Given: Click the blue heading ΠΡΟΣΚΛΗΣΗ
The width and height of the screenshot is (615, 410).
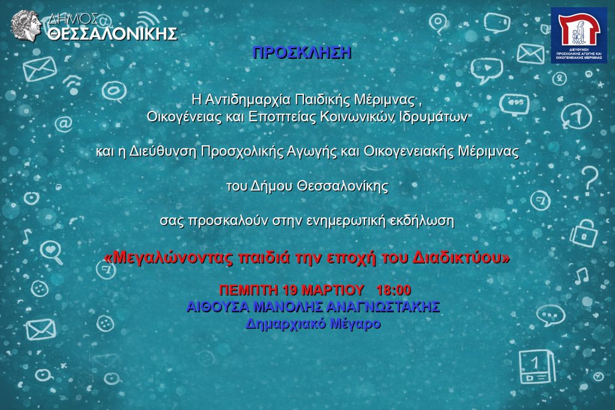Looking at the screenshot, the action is click(301, 52).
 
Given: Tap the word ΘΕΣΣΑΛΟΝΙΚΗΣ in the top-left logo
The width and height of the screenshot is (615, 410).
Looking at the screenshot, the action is click(112, 34).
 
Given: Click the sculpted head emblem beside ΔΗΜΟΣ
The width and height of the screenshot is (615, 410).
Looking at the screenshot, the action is click(26, 25).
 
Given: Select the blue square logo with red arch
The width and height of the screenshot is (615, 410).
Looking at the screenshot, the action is click(579, 35).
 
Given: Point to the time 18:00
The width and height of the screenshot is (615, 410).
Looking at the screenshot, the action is click(393, 290).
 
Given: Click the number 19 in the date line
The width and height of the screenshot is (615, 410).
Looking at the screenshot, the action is click(290, 290).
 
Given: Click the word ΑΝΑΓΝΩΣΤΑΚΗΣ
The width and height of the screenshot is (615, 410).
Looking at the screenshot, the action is click(383, 307).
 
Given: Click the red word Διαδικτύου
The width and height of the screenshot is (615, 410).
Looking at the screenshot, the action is click(461, 258).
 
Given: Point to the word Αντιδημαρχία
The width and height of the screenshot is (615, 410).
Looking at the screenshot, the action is click(248, 100).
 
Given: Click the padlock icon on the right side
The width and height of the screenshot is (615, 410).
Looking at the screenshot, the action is click(584, 234).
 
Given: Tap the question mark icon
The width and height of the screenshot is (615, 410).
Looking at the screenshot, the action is click(589, 180).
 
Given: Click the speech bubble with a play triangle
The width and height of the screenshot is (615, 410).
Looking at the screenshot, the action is click(486, 70).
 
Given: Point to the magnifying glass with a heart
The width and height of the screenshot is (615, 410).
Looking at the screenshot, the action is click(52, 252).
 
